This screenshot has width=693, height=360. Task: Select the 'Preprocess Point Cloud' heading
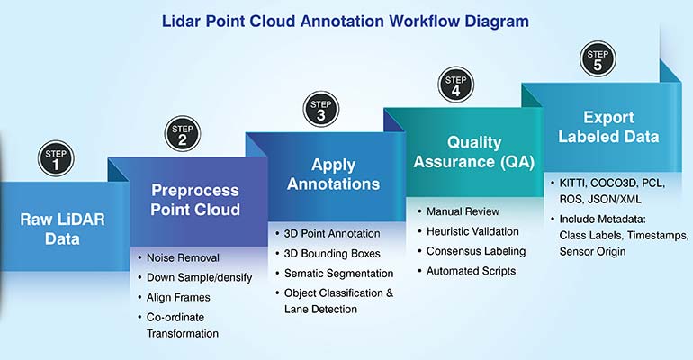pos(195,200)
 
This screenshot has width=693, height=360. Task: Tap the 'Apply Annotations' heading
pos(334,175)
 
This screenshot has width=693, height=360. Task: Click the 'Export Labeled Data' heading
pos(608,127)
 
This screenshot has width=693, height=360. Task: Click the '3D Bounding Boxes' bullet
pos(330,253)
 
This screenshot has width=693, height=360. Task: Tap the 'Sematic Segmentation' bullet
pos(337,273)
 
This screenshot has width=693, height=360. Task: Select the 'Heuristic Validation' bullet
pos(479,231)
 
